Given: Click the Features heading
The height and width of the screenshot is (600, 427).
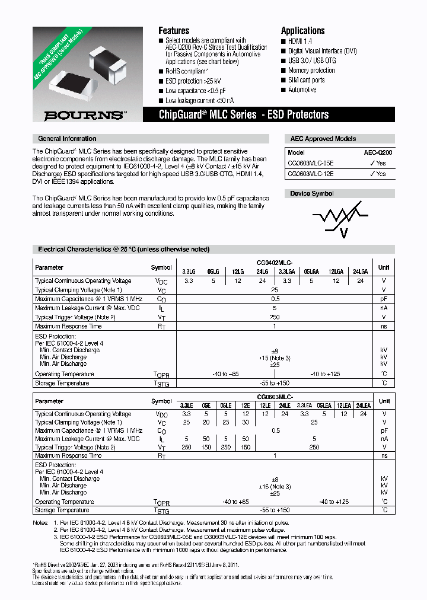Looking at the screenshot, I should (x=174, y=30).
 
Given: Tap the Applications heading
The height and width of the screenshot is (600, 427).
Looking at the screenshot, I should (x=302, y=30).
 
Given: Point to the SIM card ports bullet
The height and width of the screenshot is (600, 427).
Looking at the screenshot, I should (x=306, y=80).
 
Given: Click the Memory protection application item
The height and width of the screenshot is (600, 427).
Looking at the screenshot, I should (x=311, y=71).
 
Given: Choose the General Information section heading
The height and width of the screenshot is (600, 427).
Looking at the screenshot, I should (x=67, y=138).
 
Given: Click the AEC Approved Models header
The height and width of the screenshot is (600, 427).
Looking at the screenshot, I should (x=323, y=139).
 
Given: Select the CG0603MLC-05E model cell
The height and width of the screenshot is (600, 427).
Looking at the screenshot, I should (x=311, y=163).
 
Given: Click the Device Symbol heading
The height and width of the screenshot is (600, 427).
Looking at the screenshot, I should (x=311, y=194).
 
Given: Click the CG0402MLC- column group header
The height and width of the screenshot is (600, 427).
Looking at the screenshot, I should (x=275, y=262).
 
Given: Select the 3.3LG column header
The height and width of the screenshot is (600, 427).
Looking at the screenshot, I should (x=189, y=271).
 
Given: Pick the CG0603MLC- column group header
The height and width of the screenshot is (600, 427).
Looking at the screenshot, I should (x=275, y=396).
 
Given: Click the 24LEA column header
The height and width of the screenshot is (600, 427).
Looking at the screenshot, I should (x=362, y=405).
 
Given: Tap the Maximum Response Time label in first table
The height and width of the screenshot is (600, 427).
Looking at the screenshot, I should (x=68, y=326).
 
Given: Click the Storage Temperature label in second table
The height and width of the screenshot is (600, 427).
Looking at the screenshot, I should (x=62, y=510).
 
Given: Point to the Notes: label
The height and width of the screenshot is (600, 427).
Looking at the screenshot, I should (x=41, y=523).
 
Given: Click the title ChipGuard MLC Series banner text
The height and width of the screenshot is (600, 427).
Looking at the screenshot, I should (x=243, y=114).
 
